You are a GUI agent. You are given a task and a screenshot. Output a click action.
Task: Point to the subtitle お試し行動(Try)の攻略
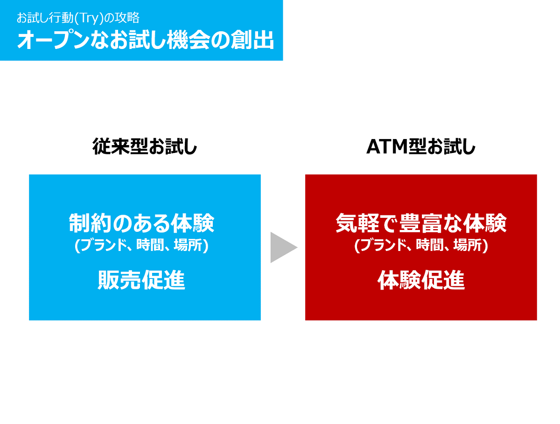point(77,18)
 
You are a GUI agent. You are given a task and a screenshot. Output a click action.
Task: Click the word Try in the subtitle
point(88,18)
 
